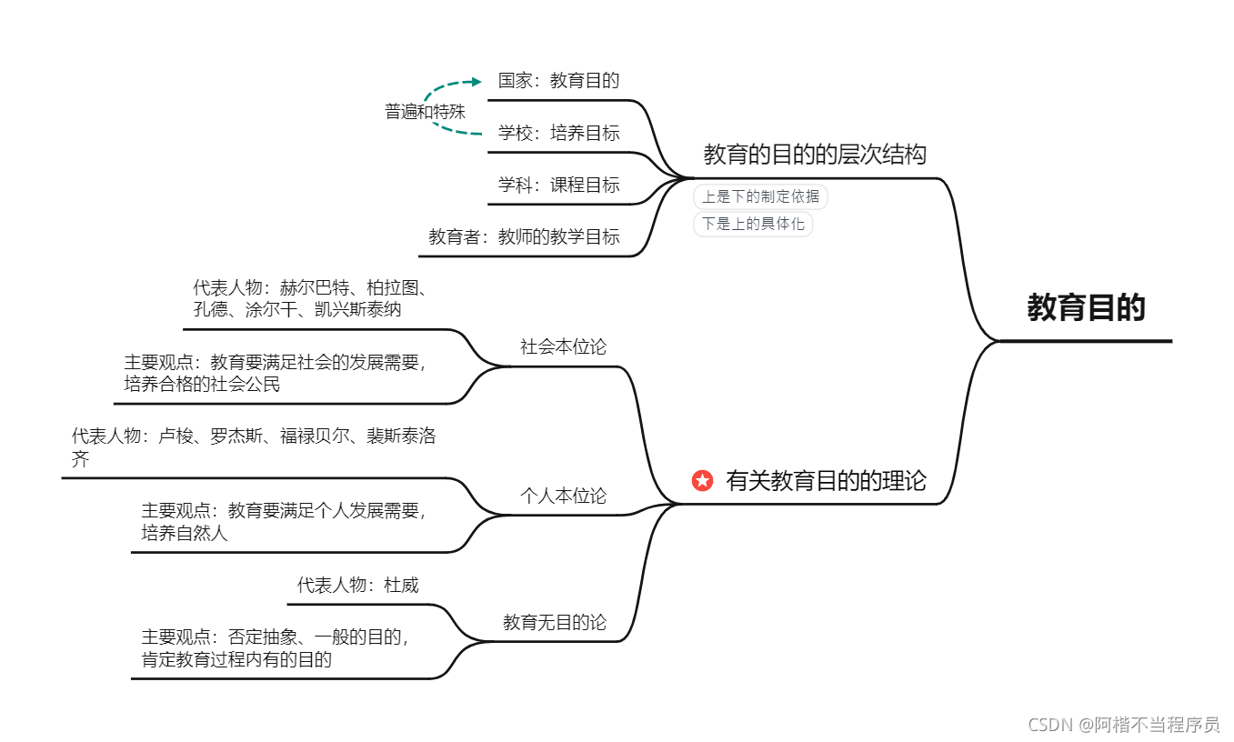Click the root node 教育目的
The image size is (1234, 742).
(1086, 308)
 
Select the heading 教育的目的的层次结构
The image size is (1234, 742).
(814, 155)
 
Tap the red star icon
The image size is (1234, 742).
(702, 480)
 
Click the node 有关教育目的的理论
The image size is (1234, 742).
(826, 480)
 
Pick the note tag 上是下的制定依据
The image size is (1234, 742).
(760, 196)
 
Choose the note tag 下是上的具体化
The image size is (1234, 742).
(753, 224)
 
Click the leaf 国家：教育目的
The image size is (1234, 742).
(558, 80)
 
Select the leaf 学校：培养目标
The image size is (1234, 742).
(558, 134)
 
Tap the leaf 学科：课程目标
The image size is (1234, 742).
(558, 185)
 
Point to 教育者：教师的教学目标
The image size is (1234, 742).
(524, 237)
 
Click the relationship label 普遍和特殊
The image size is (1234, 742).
(425, 112)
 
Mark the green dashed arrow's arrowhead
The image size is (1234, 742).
(477, 82)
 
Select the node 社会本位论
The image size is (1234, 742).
(563, 346)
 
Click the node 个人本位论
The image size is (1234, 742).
(563, 496)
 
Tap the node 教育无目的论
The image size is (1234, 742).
(555, 623)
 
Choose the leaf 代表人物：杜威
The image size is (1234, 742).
(358, 585)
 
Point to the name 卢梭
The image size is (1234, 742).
(176, 436)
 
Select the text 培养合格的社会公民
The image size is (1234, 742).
(203, 384)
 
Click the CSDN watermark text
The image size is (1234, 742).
(1123, 725)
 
